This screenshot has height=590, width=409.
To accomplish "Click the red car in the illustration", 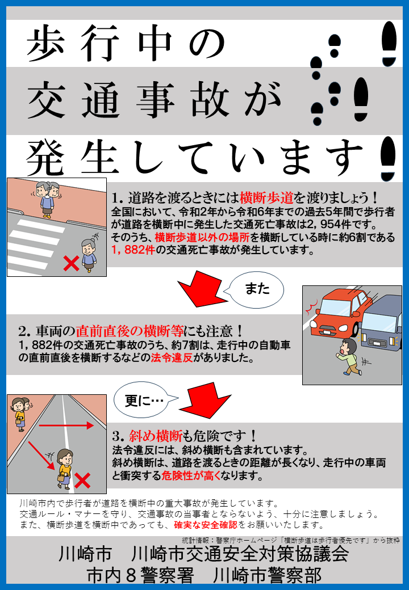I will pyautogui.click(x=332, y=315).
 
